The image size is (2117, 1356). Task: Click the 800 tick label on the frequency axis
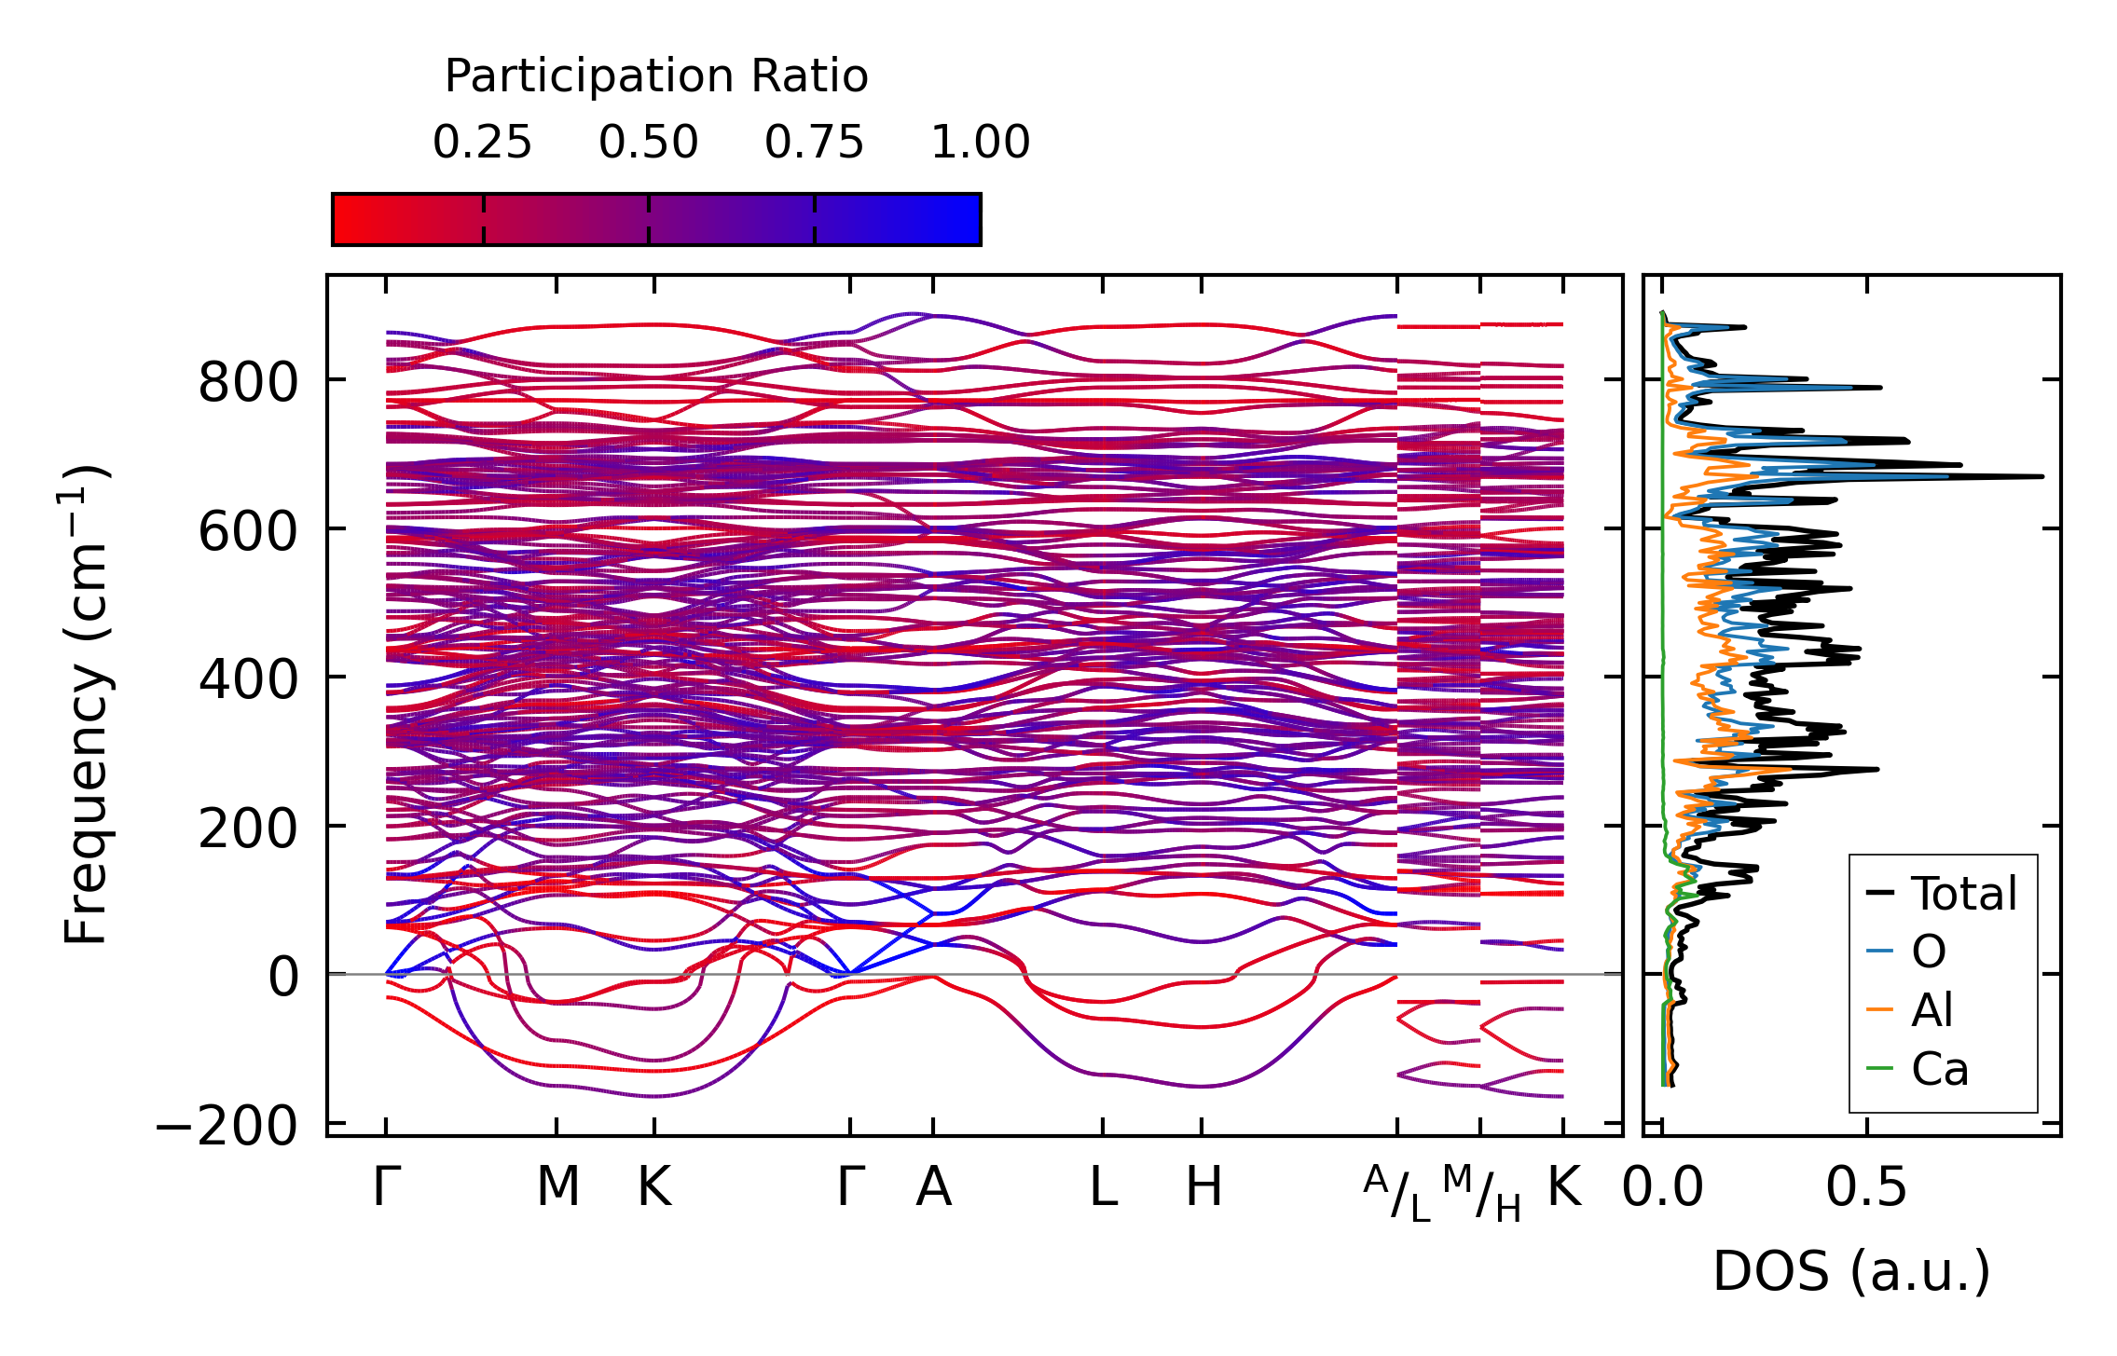tap(247, 382)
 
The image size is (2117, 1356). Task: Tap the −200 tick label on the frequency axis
tap(226, 1126)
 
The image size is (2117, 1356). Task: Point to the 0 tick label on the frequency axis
tap(282, 978)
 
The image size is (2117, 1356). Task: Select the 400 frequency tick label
tap(247, 679)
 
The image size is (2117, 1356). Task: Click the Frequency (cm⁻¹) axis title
tap(86, 705)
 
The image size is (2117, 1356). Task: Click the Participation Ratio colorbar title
tap(656, 76)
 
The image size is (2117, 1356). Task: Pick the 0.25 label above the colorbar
tap(482, 143)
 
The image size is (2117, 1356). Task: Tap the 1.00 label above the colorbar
tap(981, 143)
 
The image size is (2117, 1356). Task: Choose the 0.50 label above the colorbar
tap(648, 143)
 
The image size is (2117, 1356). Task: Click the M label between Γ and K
tap(557, 1187)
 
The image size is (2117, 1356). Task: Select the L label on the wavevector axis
tap(1104, 1187)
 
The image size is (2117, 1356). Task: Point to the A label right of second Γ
tap(933, 1187)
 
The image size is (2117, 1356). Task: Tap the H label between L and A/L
tap(1203, 1187)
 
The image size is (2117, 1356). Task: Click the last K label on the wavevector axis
tap(1564, 1187)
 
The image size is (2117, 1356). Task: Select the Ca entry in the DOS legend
tap(1940, 1068)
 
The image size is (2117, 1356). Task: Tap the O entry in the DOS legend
tap(1929, 952)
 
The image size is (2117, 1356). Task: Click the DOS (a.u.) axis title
tap(1851, 1271)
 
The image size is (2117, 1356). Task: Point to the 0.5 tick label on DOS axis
tap(1866, 1187)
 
